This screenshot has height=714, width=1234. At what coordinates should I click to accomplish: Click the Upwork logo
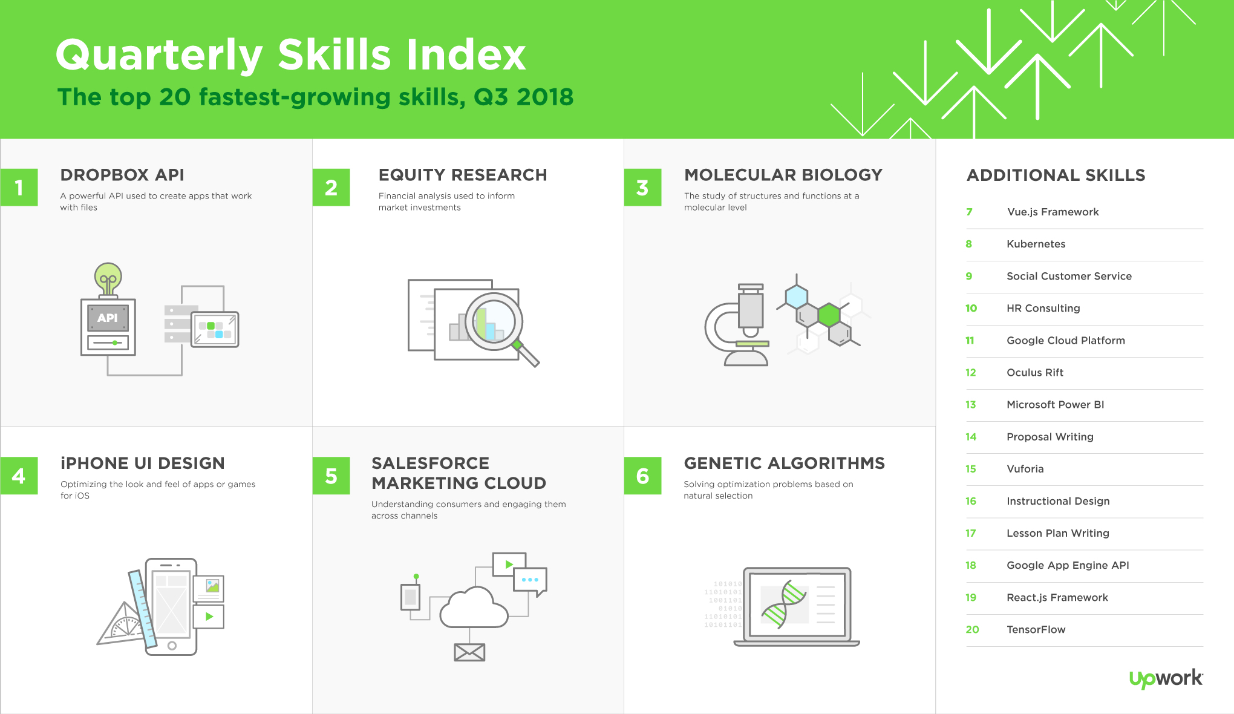[1166, 678]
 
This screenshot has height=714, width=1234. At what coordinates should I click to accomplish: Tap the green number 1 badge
[19, 188]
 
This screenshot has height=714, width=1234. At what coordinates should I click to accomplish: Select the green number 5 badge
[331, 476]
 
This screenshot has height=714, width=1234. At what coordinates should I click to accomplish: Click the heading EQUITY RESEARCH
[463, 175]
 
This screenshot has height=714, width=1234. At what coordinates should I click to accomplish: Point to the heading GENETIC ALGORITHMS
[785, 463]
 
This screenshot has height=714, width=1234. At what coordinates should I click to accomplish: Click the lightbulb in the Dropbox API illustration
[108, 279]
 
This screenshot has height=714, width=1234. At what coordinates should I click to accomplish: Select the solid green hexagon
[829, 315]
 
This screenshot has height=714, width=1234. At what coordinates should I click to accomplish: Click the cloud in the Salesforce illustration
[474, 608]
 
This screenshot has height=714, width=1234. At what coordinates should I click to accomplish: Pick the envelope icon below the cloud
[469, 652]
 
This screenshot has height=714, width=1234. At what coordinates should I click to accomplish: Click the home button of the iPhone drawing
[172, 646]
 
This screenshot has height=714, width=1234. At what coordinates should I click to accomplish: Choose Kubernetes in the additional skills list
[1036, 244]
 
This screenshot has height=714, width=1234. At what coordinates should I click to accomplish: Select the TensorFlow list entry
[1036, 629]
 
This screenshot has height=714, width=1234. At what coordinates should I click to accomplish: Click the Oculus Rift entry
[1035, 373]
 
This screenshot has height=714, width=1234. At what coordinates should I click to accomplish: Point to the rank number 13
[971, 405]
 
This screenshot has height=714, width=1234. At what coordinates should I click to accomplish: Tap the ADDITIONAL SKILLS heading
[1056, 175]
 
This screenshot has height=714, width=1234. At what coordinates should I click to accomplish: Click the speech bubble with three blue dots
[530, 581]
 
